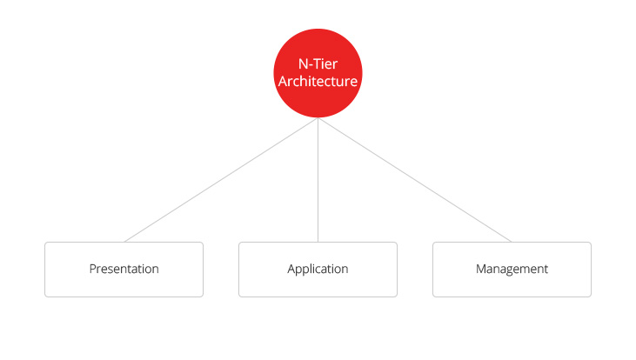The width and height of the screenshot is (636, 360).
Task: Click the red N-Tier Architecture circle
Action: pyautogui.click(x=318, y=73)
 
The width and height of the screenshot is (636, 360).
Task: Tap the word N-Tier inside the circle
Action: pyautogui.click(x=318, y=63)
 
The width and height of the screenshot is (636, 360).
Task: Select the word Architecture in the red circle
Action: pyautogui.click(x=318, y=81)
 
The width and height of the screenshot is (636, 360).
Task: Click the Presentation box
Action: pyautogui.click(x=124, y=270)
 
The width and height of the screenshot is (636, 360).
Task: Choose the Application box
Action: pyautogui.click(x=318, y=270)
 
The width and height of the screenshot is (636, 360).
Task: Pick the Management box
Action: pyautogui.click(x=512, y=270)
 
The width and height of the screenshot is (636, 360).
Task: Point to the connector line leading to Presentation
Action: pyautogui.click(x=221, y=180)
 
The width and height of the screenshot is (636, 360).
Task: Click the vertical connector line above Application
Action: pyautogui.click(x=318, y=180)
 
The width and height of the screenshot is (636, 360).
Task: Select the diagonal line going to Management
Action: pyautogui.click(x=415, y=180)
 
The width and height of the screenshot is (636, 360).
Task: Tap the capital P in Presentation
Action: pyautogui.click(x=92, y=269)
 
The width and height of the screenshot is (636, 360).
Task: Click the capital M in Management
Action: pyautogui.click(x=480, y=269)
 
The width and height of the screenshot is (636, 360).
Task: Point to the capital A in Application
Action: pyautogui.click(x=291, y=269)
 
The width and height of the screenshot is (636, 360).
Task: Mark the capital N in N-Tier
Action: pyautogui.click(x=303, y=63)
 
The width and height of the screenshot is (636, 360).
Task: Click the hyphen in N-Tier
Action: pyautogui.click(x=311, y=66)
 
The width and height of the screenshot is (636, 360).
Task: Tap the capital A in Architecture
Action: pyautogui.click(x=283, y=81)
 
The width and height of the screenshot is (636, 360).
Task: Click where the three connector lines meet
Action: pyautogui.click(x=318, y=118)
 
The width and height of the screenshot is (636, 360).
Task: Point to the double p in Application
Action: pyautogui.click(x=303, y=270)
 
